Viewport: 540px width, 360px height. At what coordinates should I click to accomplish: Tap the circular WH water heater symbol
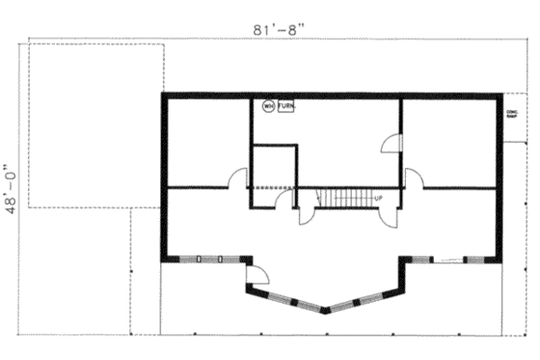(268, 106)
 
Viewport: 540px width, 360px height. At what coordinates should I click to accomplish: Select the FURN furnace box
(285, 106)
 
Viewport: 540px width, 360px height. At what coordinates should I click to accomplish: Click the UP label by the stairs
(377, 199)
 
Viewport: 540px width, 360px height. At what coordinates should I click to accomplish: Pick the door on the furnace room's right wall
(391, 144)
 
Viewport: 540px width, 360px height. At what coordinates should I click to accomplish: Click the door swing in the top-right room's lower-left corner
(413, 178)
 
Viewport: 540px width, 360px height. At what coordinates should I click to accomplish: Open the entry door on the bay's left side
(257, 274)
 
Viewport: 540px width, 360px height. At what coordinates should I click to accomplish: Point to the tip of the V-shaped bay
(326, 311)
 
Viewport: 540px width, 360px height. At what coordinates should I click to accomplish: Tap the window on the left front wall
(209, 259)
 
